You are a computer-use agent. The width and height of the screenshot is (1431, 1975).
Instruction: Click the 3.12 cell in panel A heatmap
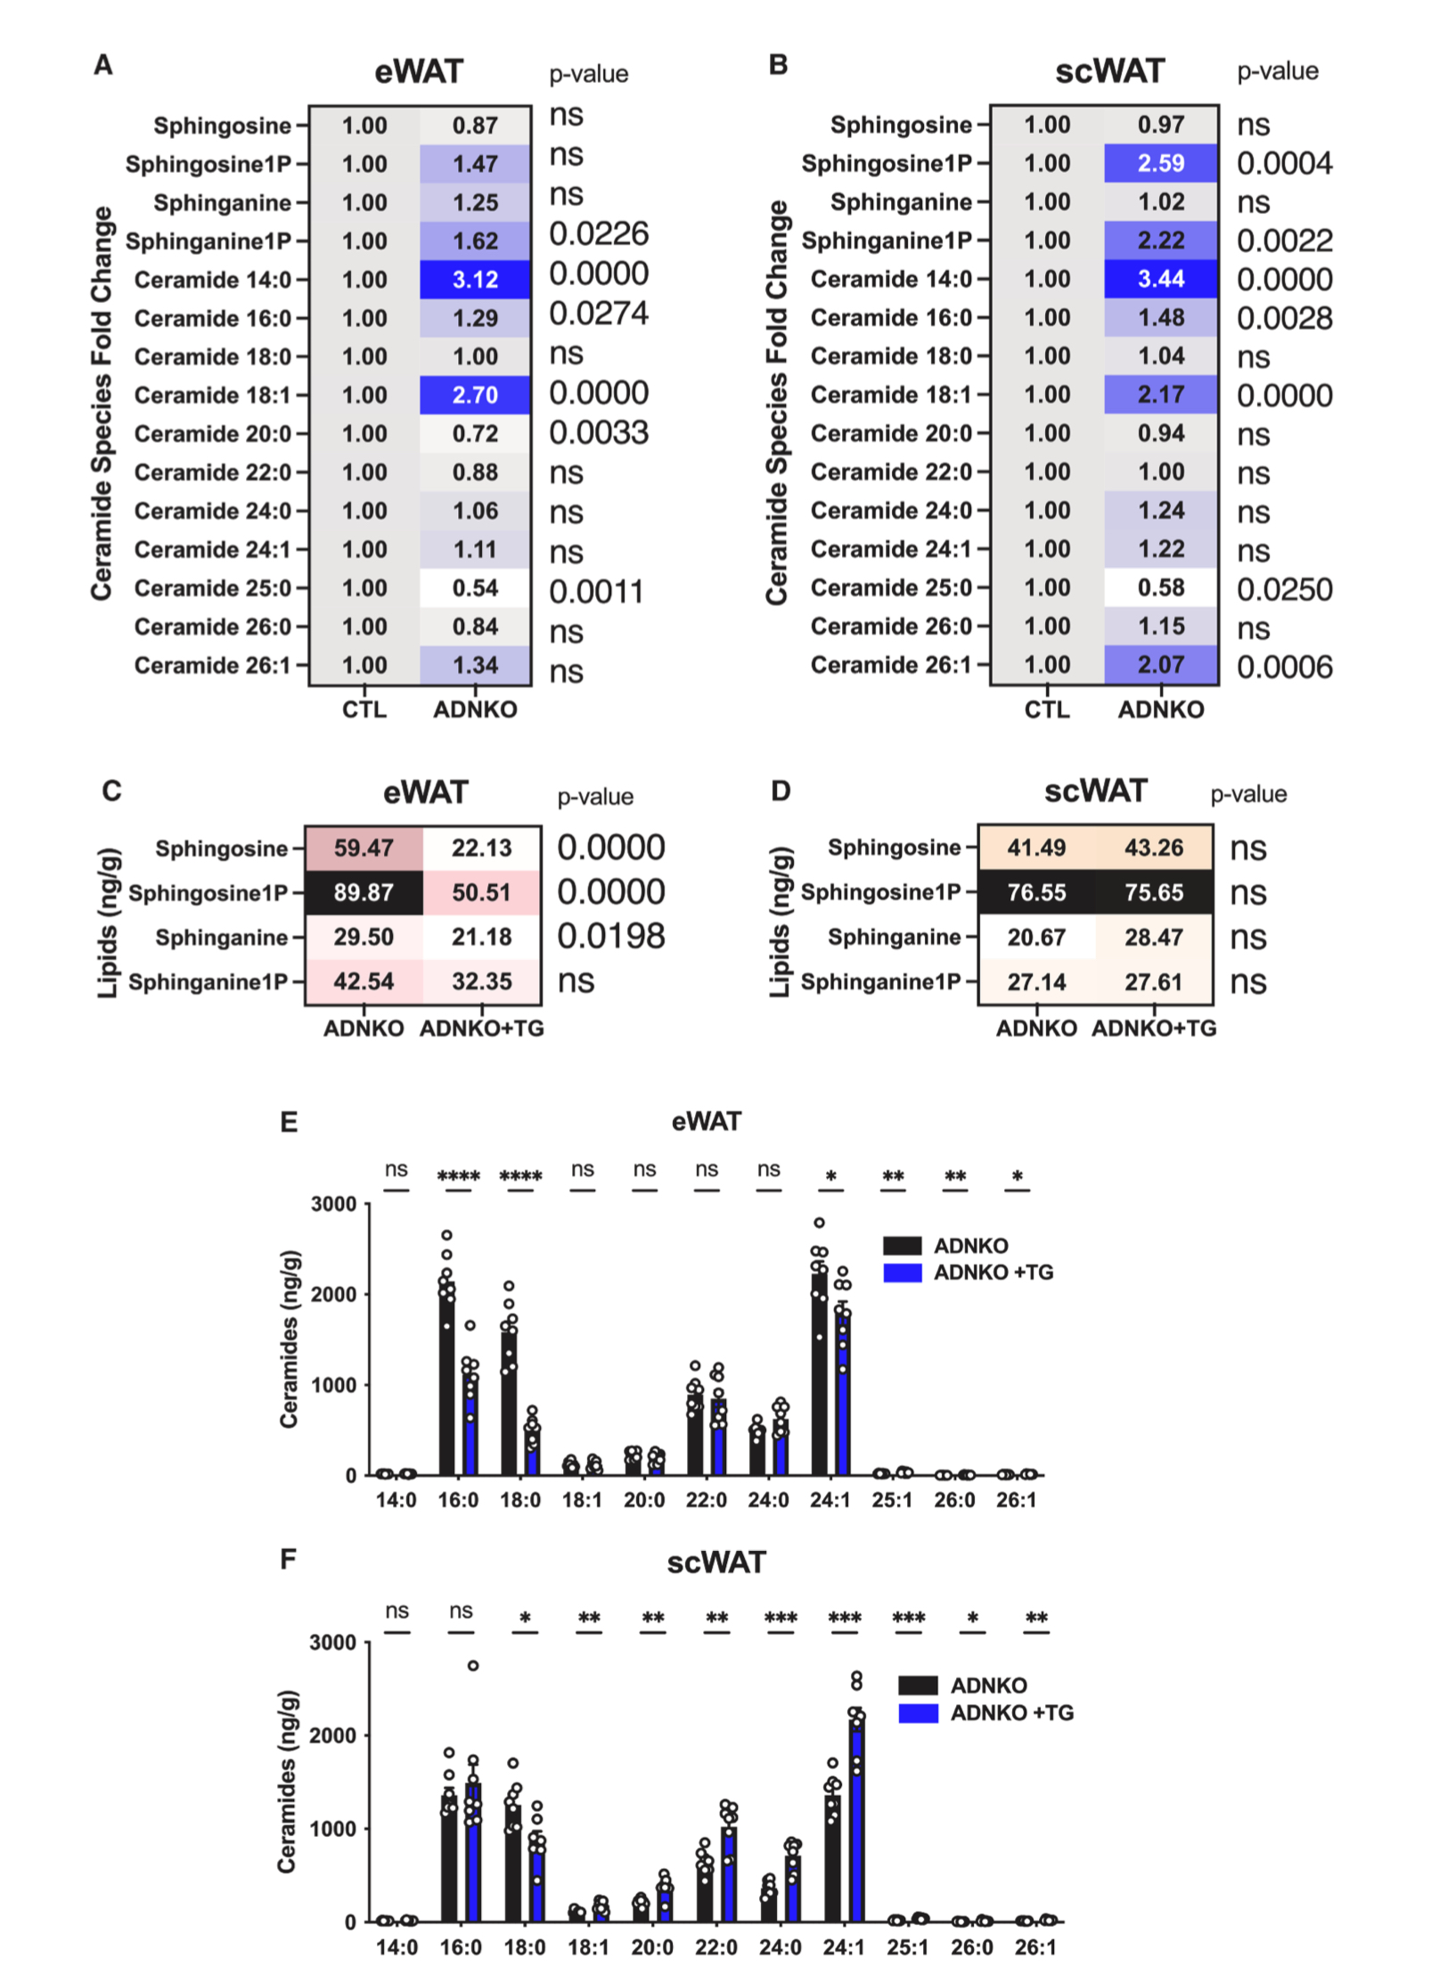pos(474,279)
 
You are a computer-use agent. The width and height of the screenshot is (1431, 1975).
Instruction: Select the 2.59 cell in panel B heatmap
pos(1160,163)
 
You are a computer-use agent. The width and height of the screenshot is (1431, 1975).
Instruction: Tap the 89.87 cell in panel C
pos(364,892)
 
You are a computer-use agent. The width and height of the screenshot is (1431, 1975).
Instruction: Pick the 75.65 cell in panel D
pos(1153,892)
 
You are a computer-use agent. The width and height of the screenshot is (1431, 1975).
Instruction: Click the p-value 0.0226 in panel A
pos(598,234)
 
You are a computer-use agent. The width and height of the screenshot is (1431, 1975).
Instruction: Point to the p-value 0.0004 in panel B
pos(1284,163)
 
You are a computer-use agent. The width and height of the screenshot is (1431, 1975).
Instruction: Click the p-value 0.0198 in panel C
pos(610,936)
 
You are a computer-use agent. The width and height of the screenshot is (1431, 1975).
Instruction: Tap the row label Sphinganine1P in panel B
pos(886,241)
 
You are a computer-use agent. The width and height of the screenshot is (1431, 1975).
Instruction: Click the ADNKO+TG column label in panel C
pos(481,1028)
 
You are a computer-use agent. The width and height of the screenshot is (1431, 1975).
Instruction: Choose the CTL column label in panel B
pos(1046,709)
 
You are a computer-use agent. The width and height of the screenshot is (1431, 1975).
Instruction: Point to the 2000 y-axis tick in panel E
pos(332,1294)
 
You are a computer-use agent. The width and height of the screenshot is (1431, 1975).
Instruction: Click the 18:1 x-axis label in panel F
pos(588,1947)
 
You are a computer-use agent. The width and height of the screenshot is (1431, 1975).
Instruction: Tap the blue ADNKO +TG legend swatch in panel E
pos(902,1273)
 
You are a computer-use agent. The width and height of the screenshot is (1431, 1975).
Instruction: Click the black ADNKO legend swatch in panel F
pos(917,1685)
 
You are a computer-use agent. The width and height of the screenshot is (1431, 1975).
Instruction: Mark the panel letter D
pos(781,791)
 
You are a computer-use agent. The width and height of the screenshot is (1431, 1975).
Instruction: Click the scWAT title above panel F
pos(715,1562)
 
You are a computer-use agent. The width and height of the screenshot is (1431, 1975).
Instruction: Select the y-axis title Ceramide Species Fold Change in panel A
pos(102,403)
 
